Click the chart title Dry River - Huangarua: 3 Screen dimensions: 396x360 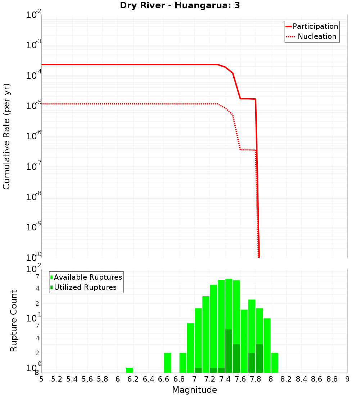pos(180,5)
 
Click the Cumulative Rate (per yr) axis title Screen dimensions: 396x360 pos(6,136)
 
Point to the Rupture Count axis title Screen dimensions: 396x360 pos(14,321)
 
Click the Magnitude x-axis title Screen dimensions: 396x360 pos(194,390)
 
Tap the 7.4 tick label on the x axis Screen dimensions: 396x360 pos(225,379)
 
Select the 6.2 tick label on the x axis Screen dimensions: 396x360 pos(133,379)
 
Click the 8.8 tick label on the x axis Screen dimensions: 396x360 pos(332,379)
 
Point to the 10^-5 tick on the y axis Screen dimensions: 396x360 pos(34,106)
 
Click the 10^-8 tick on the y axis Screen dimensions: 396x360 pos(34,197)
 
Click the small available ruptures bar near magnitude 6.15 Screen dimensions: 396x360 pos(129,370)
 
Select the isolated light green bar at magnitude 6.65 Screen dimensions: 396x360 pos(167,363)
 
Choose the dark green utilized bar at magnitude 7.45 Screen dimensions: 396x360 pos(229,351)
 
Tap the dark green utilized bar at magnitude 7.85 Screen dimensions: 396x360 pos(259,358)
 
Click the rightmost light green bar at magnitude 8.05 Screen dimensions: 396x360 pos(275,363)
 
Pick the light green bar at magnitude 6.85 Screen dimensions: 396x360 pos(183,363)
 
